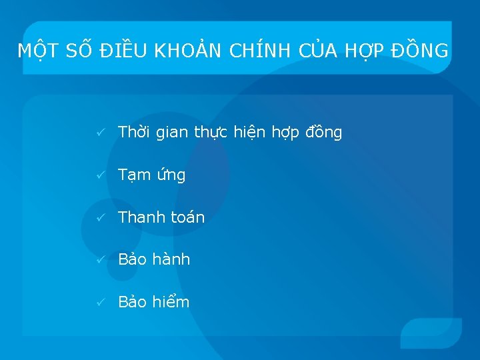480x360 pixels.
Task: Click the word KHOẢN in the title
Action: tap(191, 51)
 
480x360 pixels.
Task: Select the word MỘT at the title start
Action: tap(37, 51)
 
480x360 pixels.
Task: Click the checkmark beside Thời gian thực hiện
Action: tap(99, 133)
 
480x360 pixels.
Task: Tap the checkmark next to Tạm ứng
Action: tap(99, 176)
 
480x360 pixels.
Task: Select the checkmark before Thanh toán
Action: tap(99, 218)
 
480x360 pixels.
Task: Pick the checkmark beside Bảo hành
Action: tap(99, 260)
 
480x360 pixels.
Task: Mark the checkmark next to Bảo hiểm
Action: tap(99, 303)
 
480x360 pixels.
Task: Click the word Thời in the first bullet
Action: tap(135, 133)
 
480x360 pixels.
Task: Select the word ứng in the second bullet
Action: tap(171, 176)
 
